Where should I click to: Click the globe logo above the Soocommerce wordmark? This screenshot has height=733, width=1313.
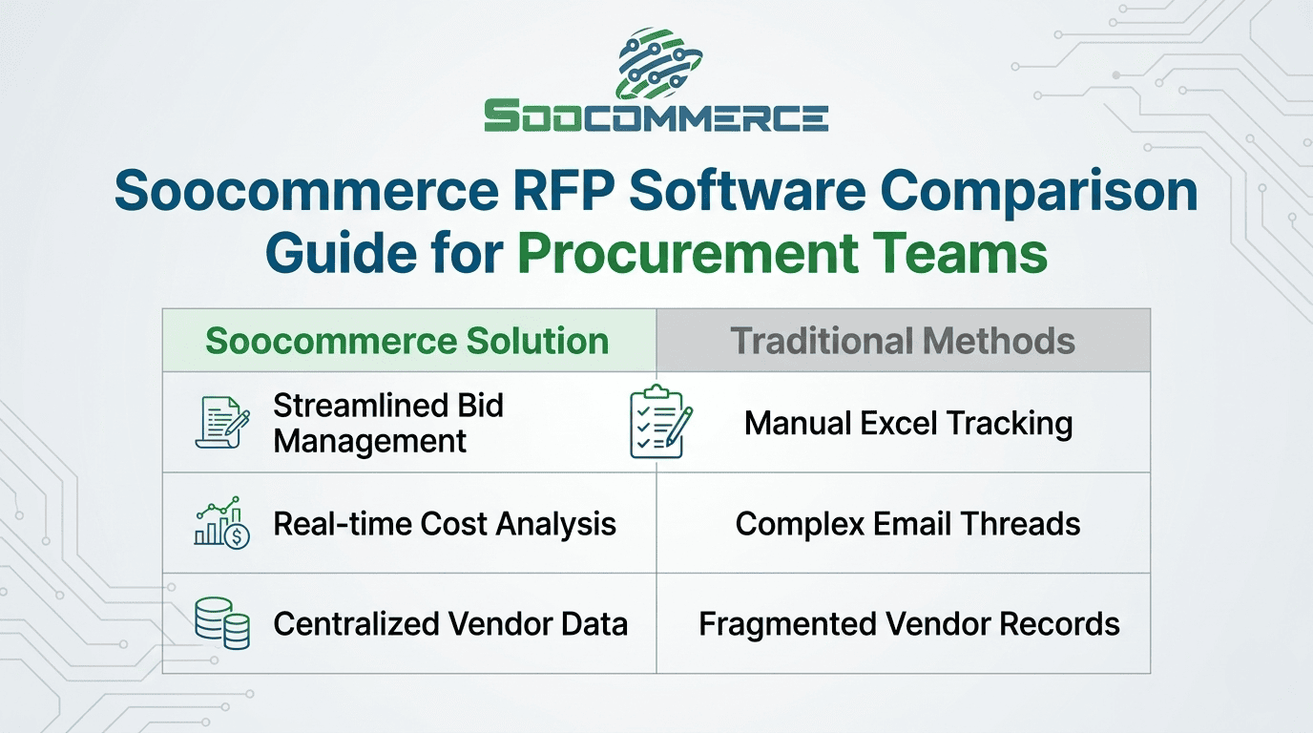tap(656, 61)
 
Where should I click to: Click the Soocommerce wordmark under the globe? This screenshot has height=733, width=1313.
tap(656, 116)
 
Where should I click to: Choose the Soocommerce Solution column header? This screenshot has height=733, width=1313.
tap(407, 341)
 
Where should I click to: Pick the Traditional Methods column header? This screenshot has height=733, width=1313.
tap(903, 341)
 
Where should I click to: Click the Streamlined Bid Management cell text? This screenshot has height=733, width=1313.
tap(388, 423)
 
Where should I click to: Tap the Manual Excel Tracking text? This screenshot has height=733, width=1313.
tap(908, 423)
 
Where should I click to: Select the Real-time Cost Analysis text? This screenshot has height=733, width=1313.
tap(445, 523)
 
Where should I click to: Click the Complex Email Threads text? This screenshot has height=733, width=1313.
tap(907, 523)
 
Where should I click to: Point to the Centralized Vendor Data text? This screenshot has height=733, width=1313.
tap(450, 624)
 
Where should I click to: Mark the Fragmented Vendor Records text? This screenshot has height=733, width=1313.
tap(908, 624)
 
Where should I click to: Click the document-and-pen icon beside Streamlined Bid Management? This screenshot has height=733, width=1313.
tap(222, 423)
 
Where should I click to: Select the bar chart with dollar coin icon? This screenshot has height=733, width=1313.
tap(222, 523)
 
